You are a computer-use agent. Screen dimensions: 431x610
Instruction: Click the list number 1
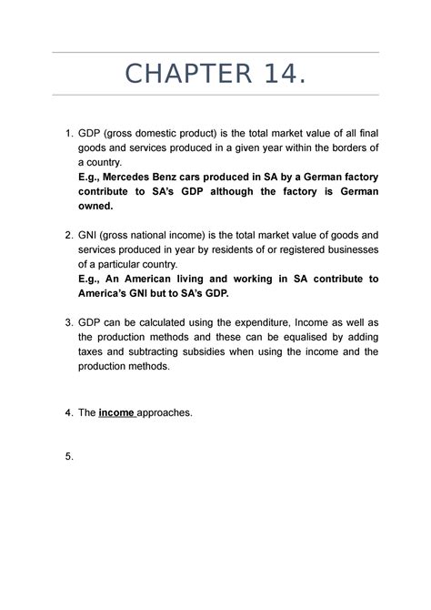(x=69, y=136)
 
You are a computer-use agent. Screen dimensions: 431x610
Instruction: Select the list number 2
(x=69, y=235)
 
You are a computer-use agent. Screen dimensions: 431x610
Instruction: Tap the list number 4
(x=69, y=412)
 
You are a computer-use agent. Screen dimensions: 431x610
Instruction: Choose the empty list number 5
(x=69, y=456)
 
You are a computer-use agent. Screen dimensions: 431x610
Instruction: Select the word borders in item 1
(x=333, y=148)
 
